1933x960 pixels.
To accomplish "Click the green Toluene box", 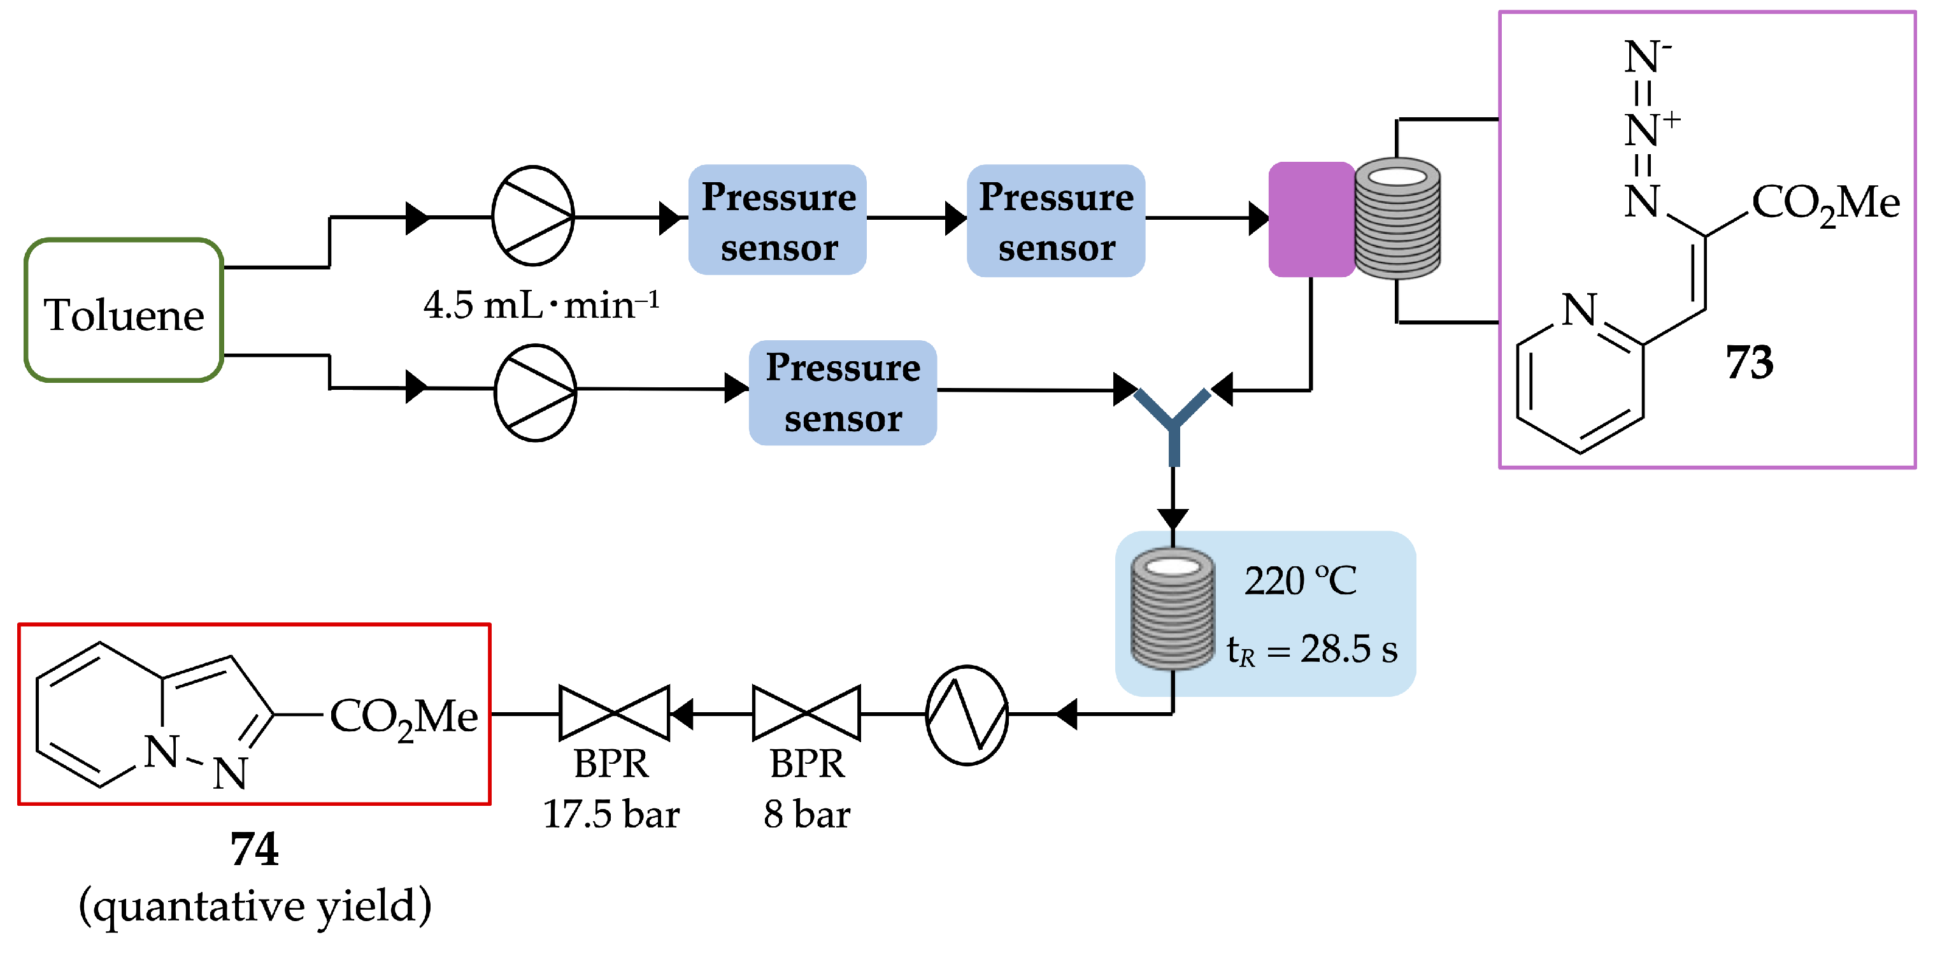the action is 124,310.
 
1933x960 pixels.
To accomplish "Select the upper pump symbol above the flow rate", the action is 533,216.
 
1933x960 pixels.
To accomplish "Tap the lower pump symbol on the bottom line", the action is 535,392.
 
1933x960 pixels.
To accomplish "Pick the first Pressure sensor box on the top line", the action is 778,220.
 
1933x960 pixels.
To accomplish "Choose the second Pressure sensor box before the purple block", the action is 1056,220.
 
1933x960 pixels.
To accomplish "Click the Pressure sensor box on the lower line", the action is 843,392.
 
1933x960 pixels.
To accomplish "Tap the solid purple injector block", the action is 1311,219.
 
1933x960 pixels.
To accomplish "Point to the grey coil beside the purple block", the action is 1397,218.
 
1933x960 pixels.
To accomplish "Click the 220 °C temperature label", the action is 1301,581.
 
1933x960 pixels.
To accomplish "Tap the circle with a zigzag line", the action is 967,715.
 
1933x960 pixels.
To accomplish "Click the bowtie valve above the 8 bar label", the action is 807,713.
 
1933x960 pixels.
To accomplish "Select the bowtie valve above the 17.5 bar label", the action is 614,713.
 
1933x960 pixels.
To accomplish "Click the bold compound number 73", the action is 1749,362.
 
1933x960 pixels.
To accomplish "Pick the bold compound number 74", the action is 254,850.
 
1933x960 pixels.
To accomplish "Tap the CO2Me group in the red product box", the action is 404,717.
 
